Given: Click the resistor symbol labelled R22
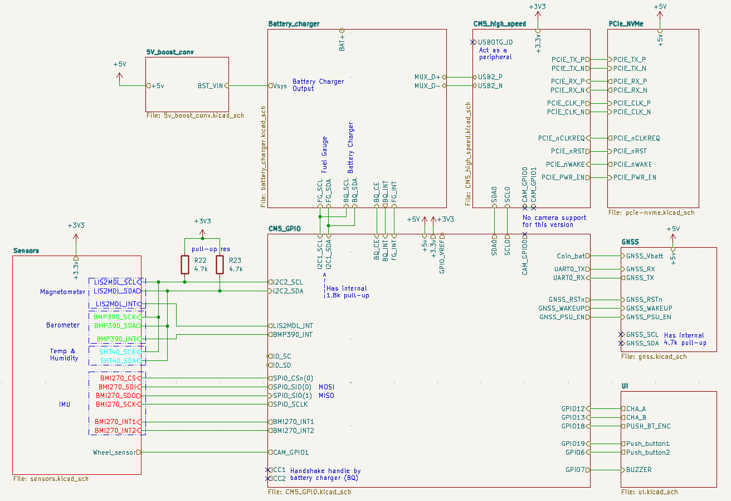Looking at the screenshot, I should [x=185, y=264].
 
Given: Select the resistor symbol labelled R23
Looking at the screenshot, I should [x=220, y=264].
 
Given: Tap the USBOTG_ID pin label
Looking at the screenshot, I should [x=495, y=42].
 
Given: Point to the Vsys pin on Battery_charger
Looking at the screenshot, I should [x=280, y=86].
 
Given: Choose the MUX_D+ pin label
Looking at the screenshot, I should [x=427, y=77].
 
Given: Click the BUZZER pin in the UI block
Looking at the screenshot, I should [x=639, y=470].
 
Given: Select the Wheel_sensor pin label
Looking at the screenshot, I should [x=114, y=452].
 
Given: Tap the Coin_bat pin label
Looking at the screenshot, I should [x=571, y=256].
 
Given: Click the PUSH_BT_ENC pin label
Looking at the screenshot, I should [x=648, y=426].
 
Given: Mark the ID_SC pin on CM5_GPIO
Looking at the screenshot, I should [x=281, y=356].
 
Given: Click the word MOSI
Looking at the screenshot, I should [x=326, y=387].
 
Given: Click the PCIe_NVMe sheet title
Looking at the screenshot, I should [x=626, y=24].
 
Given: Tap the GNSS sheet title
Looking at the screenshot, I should [x=630, y=242].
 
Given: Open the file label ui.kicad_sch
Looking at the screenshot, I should [x=650, y=492].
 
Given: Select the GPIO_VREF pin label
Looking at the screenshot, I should [x=442, y=248].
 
